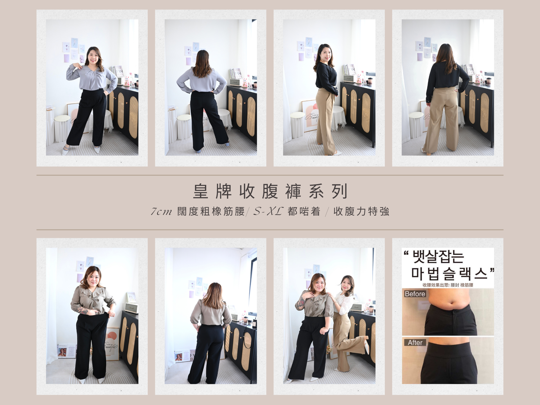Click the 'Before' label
tap(415, 294)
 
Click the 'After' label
tap(415, 343)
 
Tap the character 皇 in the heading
tap(200, 192)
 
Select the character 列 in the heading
tap(339, 192)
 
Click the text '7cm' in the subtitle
tap(161, 211)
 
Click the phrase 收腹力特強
tap(361, 211)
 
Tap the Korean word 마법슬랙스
tap(450, 274)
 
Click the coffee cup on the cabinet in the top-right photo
tap(488, 81)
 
